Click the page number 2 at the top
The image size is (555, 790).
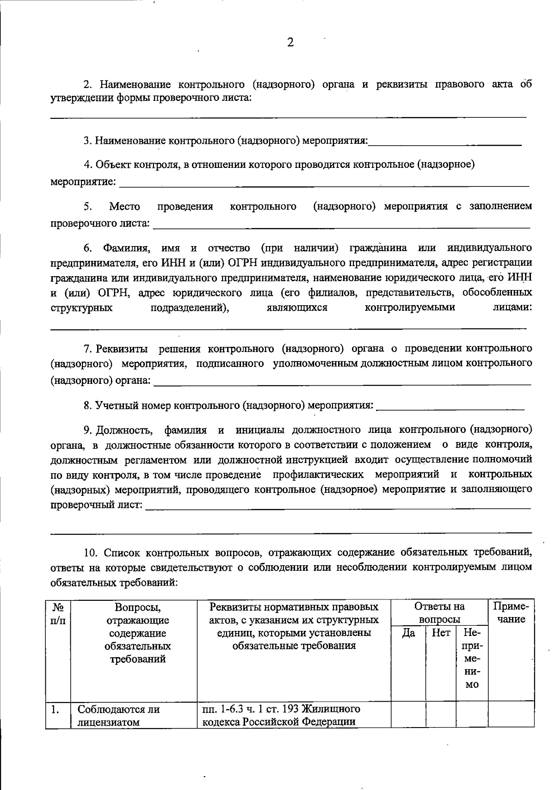pos(290,43)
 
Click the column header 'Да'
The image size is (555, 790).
pos(408,633)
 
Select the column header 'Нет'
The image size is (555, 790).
pos(440,633)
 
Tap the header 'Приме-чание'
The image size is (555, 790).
pos(511,612)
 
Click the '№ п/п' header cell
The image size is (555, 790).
pos(57,612)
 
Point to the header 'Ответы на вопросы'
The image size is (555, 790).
pos(439,612)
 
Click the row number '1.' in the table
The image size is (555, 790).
pos(55,710)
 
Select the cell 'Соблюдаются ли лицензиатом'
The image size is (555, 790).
pos(118,716)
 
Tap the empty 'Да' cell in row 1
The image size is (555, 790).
pos(408,715)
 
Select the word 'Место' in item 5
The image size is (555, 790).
pos(124,206)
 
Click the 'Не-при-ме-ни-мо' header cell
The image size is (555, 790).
pos(472,658)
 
